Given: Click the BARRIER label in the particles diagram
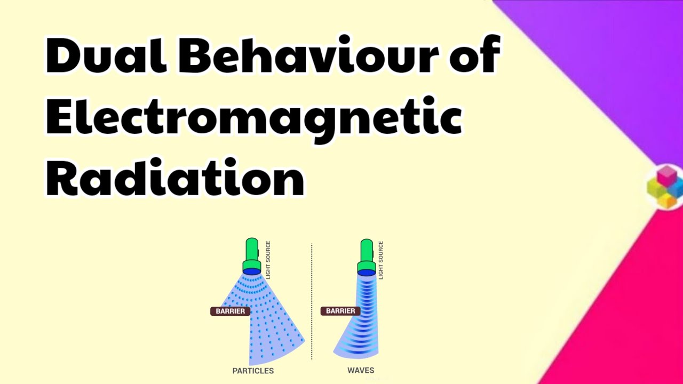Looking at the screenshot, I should pyautogui.click(x=230, y=311).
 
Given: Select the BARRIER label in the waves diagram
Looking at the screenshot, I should pyautogui.click(x=340, y=311).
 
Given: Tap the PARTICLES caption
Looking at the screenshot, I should pyautogui.click(x=253, y=371).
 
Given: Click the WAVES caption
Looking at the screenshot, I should pyautogui.click(x=361, y=370).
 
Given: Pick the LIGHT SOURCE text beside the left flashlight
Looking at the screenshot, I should pyautogui.click(x=268, y=260).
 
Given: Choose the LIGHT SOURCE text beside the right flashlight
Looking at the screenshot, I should pyautogui.click(x=380, y=260).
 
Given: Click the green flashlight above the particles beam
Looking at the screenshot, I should pyautogui.click(x=252, y=253).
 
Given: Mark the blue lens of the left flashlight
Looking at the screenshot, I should pyautogui.click(x=252, y=271).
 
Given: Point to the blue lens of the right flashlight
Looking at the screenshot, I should pyautogui.click(x=366, y=271).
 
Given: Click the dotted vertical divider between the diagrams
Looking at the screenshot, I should pyautogui.click(x=312, y=301).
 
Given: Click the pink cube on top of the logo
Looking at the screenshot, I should pyautogui.click(x=665, y=175).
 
